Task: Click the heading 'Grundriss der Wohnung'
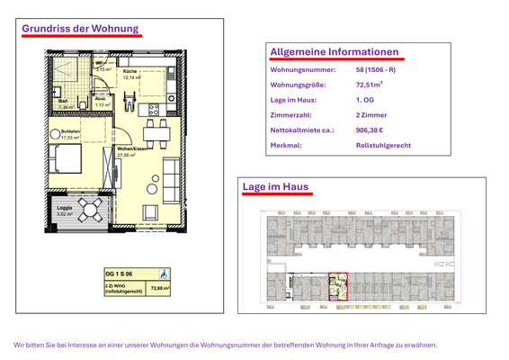click(x=80, y=29)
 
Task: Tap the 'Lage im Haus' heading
click(x=276, y=186)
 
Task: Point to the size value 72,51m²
click(x=371, y=85)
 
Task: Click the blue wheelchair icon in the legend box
click(x=163, y=274)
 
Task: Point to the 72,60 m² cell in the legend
click(x=160, y=288)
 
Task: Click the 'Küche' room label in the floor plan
click(x=129, y=71)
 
